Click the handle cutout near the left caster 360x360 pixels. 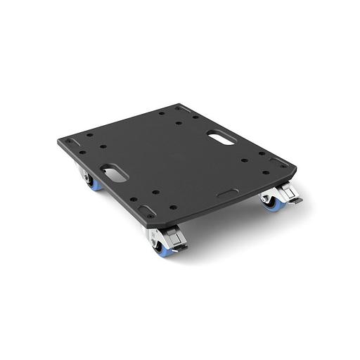113,173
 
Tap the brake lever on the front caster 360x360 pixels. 180,245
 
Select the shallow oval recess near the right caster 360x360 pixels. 227,193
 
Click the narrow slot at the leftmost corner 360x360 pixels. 69,142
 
